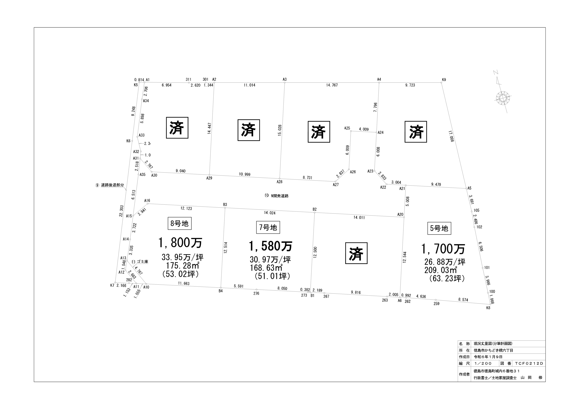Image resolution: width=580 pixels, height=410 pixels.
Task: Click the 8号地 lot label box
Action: tap(179, 223)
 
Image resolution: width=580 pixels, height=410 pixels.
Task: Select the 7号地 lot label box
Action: tap(268, 227)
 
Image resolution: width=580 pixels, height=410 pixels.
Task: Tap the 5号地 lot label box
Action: tap(439, 228)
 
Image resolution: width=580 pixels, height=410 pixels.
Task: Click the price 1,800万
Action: tap(180, 243)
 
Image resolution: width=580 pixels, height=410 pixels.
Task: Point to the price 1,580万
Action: tap(271, 246)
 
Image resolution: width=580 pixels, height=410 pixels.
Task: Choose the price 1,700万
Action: tap(443, 249)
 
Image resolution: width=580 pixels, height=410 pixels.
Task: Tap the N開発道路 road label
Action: tap(276, 195)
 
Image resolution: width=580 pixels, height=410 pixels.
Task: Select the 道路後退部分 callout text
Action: tap(112, 185)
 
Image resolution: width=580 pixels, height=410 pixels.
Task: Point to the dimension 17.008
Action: tap(451, 136)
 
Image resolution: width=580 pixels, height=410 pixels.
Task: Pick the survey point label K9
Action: tap(444, 80)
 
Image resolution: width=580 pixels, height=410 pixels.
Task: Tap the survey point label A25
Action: tap(347, 128)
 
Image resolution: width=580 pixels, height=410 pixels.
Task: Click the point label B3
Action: tap(225, 204)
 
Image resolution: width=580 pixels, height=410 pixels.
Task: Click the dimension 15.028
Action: tap(280, 130)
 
